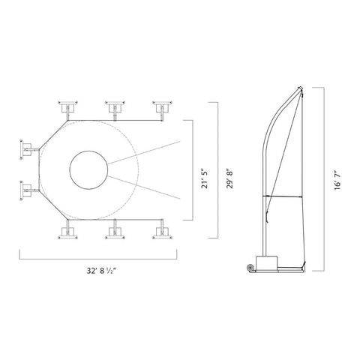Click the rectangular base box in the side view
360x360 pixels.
[266, 262]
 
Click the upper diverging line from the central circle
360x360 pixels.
[146, 152]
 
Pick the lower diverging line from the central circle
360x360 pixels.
[146, 188]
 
